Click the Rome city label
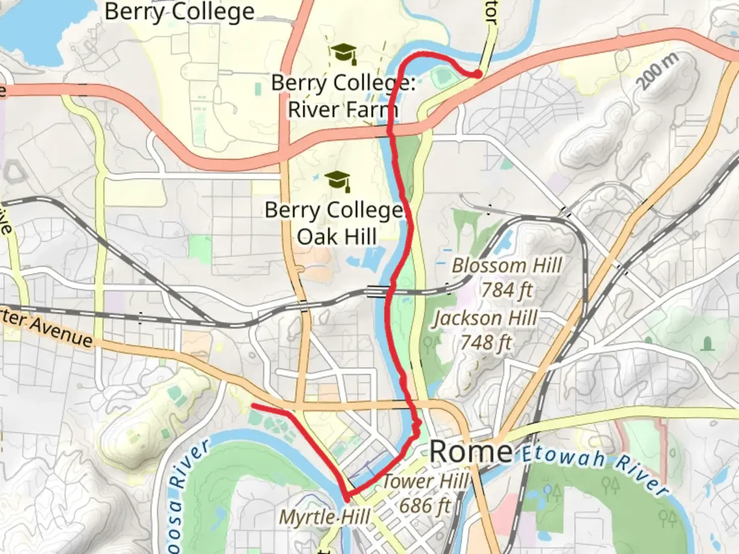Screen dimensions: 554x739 471,452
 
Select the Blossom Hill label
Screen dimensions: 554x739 507,266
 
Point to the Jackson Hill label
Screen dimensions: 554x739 485,318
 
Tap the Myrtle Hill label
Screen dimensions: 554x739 324,517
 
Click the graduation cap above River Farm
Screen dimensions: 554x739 343,53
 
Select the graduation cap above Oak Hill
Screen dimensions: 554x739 338,181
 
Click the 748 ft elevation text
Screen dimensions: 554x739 486,342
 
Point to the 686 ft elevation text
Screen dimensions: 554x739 425,506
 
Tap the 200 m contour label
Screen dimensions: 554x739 658,71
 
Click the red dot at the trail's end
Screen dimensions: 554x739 477,74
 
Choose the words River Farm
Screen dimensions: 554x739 342,109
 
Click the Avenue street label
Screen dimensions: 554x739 61,332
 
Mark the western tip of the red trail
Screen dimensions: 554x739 252,406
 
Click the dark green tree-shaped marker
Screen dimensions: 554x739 708,343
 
